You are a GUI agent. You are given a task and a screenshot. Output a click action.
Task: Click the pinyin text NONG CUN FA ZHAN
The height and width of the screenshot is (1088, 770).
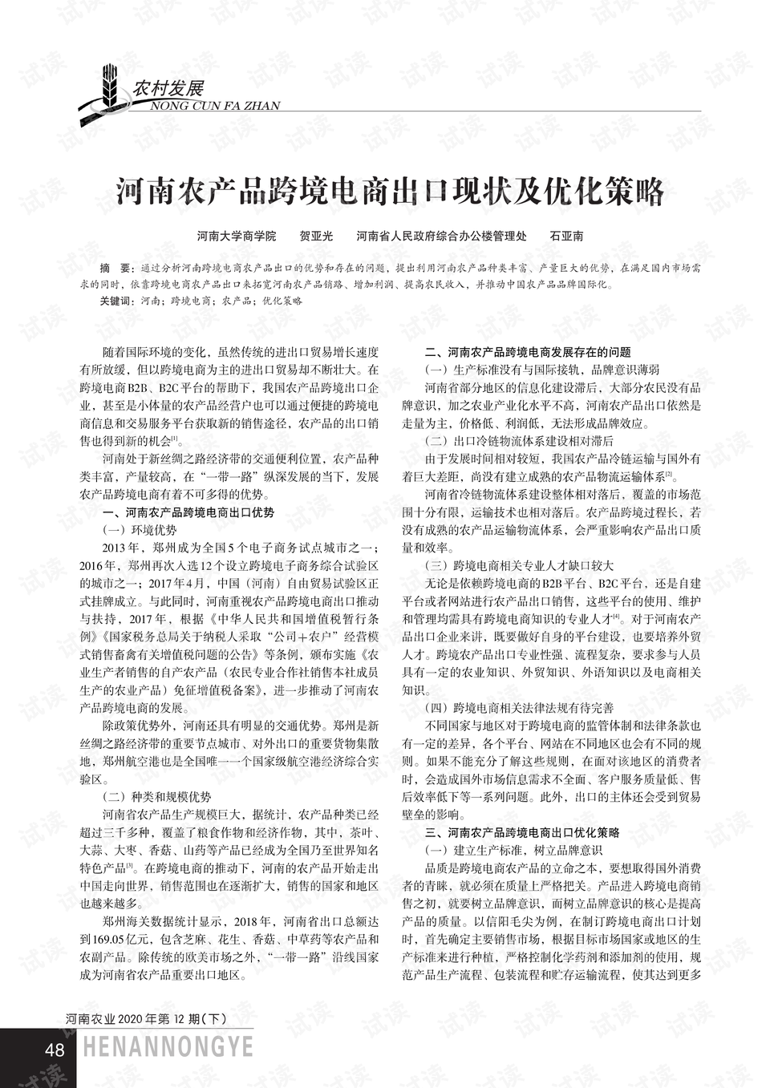pos(214,106)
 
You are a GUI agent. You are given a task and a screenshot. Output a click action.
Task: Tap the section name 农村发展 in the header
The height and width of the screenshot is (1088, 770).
pos(169,87)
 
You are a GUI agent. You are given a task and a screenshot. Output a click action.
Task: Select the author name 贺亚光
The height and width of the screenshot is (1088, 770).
pos(316,237)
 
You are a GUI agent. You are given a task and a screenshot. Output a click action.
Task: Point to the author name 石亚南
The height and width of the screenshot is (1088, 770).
pos(566,237)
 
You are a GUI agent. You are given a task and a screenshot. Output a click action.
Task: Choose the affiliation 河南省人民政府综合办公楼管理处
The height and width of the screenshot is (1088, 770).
pos(441,237)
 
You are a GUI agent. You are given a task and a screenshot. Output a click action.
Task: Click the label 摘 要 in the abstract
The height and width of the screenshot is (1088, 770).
pos(113,268)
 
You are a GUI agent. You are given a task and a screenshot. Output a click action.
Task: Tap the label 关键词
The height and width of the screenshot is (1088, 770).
pos(115,301)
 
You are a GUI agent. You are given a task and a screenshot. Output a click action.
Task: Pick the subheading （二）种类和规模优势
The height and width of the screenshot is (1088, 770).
pos(156,797)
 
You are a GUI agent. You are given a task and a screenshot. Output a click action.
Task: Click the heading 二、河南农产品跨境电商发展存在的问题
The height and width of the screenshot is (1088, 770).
pos(527,352)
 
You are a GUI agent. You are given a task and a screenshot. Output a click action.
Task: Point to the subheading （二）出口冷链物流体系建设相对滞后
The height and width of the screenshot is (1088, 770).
pos(519,441)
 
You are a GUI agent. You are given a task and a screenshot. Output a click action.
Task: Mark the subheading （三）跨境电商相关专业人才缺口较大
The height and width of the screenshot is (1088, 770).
pos(519,565)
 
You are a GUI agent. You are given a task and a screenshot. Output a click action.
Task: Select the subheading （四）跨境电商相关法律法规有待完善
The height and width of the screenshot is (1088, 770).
pos(519,708)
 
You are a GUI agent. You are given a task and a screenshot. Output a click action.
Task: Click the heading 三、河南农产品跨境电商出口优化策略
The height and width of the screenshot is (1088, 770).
pos(521,832)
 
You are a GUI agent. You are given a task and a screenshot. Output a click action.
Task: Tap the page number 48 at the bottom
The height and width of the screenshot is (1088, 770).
pos(55,1050)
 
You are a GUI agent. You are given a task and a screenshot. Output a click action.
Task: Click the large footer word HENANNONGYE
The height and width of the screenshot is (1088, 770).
pos(168,1047)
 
